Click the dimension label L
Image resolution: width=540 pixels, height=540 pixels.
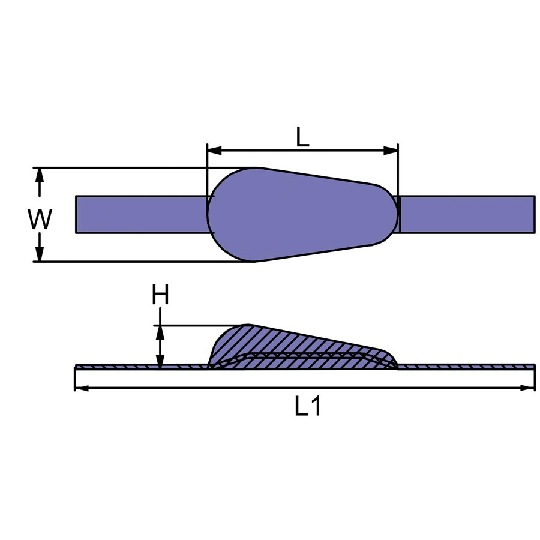[302, 137]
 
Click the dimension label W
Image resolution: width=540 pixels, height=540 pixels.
[40, 220]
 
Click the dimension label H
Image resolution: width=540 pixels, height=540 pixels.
[160, 295]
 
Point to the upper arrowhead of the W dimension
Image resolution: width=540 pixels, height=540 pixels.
[40, 175]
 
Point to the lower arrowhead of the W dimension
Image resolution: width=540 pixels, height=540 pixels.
[40, 254]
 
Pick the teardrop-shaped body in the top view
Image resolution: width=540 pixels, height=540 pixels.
[294, 214]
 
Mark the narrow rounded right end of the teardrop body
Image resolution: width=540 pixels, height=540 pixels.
[390, 214]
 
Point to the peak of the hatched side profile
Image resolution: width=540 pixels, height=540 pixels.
[246, 326]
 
